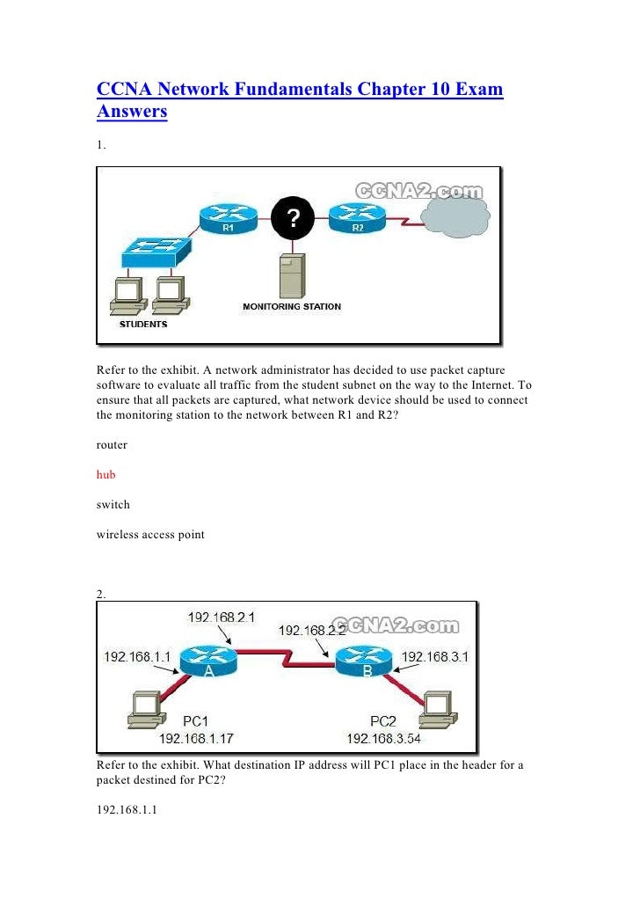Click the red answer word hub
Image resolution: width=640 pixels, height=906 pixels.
point(105,475)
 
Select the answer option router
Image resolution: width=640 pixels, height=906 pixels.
point(112,445)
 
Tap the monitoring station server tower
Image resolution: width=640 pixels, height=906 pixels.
point(291,274)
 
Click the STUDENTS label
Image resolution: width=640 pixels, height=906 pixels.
point(143,324)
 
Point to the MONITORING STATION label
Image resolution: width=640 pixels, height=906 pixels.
point(292,307)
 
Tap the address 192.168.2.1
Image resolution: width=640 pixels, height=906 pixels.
point(222,617)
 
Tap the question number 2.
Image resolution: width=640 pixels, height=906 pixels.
point(102,595)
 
